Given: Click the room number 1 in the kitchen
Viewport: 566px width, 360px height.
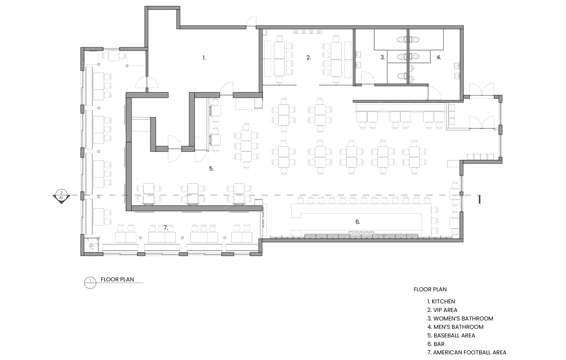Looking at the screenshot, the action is [204, 58].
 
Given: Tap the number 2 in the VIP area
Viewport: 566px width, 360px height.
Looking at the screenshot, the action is [309, 58].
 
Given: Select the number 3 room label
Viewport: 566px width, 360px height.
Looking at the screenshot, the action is [383, 58].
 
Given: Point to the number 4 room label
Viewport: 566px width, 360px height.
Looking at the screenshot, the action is [439, 58].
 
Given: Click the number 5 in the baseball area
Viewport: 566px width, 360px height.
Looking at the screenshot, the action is [211, 168].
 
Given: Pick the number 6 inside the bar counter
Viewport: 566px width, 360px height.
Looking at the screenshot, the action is [358, 222].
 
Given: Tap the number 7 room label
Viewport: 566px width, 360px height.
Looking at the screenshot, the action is [166, 228].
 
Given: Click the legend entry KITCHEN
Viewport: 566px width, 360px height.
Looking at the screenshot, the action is [441, 301].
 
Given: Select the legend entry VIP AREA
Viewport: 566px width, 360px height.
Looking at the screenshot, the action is [442, 310].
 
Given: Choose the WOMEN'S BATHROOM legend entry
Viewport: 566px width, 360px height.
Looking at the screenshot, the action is [460, 319].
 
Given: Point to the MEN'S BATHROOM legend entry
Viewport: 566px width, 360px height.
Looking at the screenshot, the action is [455, 327].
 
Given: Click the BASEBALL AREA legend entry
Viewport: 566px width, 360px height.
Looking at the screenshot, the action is [451, 335].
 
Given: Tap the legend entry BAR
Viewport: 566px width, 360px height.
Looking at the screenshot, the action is [436, 344].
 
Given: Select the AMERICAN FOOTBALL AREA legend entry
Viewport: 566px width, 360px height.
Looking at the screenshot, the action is [467, 353].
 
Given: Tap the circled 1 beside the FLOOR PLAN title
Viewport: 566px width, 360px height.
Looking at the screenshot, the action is [90, 283].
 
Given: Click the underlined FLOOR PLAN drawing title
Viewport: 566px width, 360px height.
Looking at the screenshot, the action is [117, 279].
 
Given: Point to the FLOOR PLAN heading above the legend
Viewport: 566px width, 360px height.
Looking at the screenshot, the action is [430, 289].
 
